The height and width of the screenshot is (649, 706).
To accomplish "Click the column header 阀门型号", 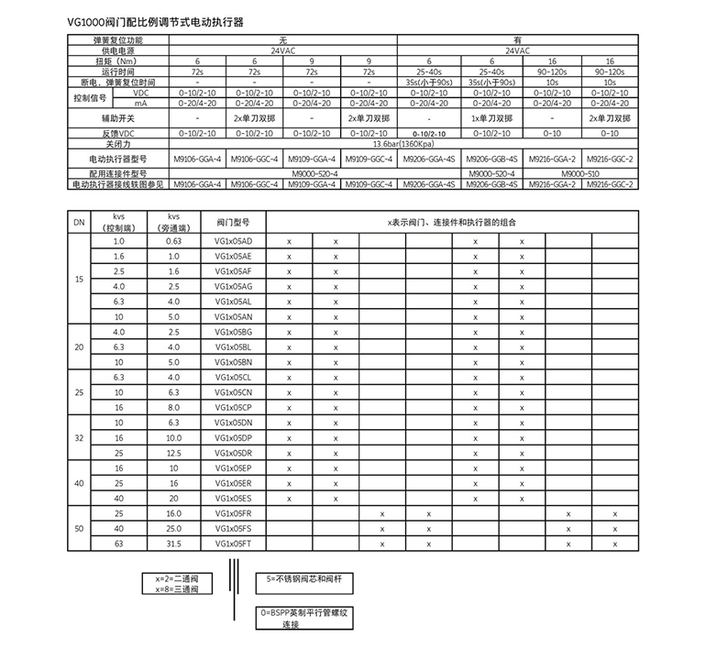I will click(x=233, y=222).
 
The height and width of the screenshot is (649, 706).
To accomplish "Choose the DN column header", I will click(x=79, y=222).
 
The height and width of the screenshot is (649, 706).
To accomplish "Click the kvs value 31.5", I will click(x=175, y=543).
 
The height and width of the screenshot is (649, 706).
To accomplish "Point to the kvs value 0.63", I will click(x=175, y=240).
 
